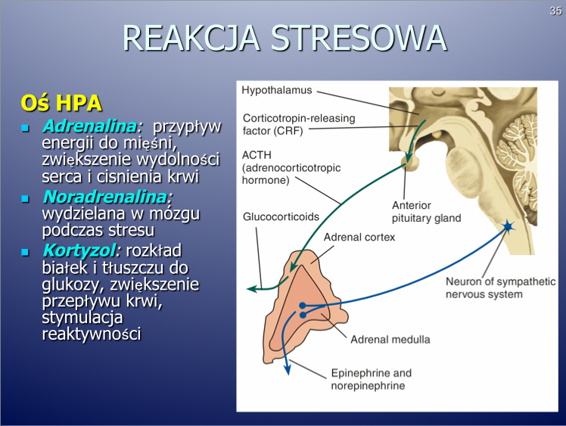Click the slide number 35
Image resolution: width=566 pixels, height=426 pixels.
click(x=556, y=11)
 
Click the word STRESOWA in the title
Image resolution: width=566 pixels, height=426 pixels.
click(x=359, y=39)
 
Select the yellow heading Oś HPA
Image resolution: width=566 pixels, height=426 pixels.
click(x=61, y=103)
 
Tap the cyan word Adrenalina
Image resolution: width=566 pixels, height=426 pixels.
click(x=91, y=126)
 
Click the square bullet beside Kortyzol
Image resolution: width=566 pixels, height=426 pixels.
click(x=25, y=252)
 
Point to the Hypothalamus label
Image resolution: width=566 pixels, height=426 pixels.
click(x=277, y=90)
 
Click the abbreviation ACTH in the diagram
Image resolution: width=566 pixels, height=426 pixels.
click(x=257, y=155)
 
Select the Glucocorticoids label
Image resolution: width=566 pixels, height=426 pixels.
click(x=281, y=216)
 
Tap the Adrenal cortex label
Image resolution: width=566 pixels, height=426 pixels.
click(x=359, y=237)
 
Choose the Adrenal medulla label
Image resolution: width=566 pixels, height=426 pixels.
click(x=390, y=340)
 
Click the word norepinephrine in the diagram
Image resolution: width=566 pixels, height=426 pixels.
click(x=368, y=386)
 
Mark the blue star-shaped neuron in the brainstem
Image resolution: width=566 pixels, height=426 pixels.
click(x=508, y=226)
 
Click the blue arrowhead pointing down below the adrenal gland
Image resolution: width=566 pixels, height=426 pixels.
click(x=288, y=370)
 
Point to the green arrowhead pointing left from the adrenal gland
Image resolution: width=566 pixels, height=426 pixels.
click(x=252, y=288)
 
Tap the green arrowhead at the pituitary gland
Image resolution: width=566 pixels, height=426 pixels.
click(x=409, y=158)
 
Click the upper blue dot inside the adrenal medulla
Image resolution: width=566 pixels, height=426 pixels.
click(x=303, y=306)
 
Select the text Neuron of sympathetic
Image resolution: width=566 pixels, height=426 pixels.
click(x=501, y=281)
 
